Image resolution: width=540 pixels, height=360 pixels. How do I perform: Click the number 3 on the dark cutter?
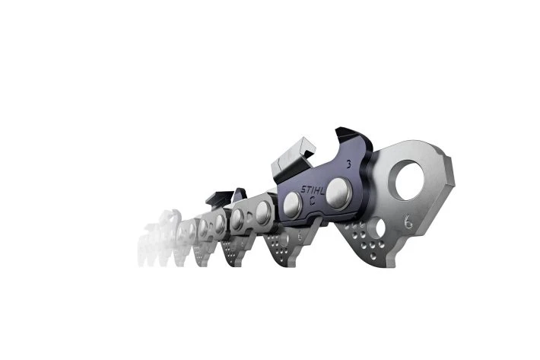coord(348,164)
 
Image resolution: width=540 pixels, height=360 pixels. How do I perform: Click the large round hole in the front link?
coord(406,181)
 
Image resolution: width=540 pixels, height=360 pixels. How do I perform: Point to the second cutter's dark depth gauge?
coord(240,195)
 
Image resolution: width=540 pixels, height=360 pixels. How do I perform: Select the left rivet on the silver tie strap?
coord(237,220)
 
